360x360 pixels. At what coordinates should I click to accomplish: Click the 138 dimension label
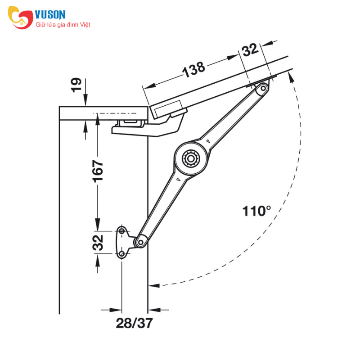point(193,69)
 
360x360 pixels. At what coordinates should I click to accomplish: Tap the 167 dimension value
point(98,171)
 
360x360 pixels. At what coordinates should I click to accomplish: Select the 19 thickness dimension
point(76,85)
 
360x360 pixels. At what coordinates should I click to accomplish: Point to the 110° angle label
point(256,211)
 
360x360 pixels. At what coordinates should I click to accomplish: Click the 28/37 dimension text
point(134,323)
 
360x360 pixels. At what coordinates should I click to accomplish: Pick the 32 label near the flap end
point(250,49)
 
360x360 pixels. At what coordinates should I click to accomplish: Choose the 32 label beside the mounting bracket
point(98,243)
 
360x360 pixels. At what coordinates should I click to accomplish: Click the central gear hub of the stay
point(190,158)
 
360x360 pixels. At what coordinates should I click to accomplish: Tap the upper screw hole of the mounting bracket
point(122,231)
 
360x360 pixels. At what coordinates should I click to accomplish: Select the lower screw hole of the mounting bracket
point(122,254)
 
